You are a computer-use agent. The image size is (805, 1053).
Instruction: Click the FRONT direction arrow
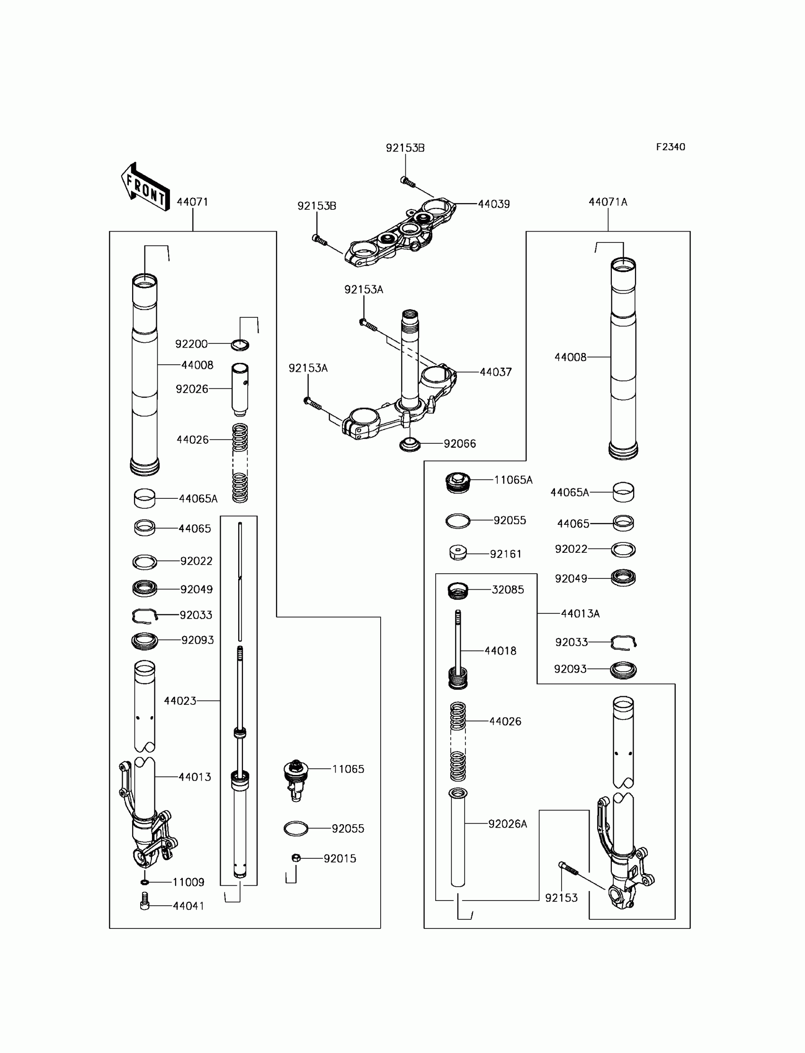[x=145, y=188]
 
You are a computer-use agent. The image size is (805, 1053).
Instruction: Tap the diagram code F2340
[x=671, y=147]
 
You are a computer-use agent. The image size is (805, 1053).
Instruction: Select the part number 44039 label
[x=493, y=204]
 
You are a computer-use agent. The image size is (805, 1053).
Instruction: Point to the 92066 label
[x=459, y=444]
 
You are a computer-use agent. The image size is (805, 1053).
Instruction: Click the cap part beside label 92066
[x=410, y=444]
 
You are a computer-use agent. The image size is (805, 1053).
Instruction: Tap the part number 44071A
[x=608, y=202]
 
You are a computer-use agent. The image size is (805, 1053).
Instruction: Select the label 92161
[x=505, y=554]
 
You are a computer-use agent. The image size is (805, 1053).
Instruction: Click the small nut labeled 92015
[x=296, y=857]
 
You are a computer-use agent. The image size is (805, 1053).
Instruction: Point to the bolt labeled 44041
[x=145, y=900]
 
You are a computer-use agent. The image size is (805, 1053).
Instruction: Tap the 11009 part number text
[x=188, y=882]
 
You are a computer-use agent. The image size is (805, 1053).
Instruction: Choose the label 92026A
[x=508, y=824]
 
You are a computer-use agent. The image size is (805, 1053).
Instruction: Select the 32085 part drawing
[x=457, y=591]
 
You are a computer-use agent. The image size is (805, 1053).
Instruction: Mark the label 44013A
[x=580, y=614]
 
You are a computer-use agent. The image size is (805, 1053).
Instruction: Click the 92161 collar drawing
[x=458, y=553]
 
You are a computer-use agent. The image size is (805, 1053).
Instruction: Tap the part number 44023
[x=180, y=701]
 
